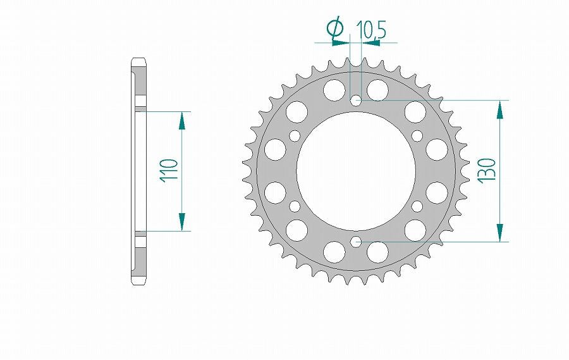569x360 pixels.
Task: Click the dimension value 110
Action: pyautogui.click(x=170, y=170)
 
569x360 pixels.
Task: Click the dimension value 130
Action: pyautogui.click(x=487, y=170)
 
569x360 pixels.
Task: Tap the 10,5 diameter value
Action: pyautogui.click(x=371, y=29)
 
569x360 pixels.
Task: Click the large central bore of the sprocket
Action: pyautogui.click(x=356, y=171)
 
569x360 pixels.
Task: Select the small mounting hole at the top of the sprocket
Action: pyautogui.click(x=356, y=100)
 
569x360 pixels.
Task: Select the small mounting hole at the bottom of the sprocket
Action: pyautogui.click(x=356, y=241)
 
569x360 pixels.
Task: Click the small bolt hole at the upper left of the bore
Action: pyautogui.click(x=295, y=135)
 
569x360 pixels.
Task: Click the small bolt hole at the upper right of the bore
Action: pyautogui.click(x=417, y=135)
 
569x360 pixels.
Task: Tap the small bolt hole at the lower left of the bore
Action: pyautogui.click(x=295, y=206)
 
